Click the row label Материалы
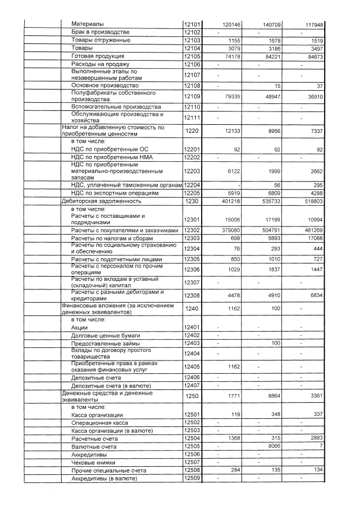tap(88, 25)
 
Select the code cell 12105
tap(191, 56)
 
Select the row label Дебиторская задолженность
tap(102, 201)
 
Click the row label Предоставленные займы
tap(102, 343)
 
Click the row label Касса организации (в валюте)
tap(112, 430)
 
